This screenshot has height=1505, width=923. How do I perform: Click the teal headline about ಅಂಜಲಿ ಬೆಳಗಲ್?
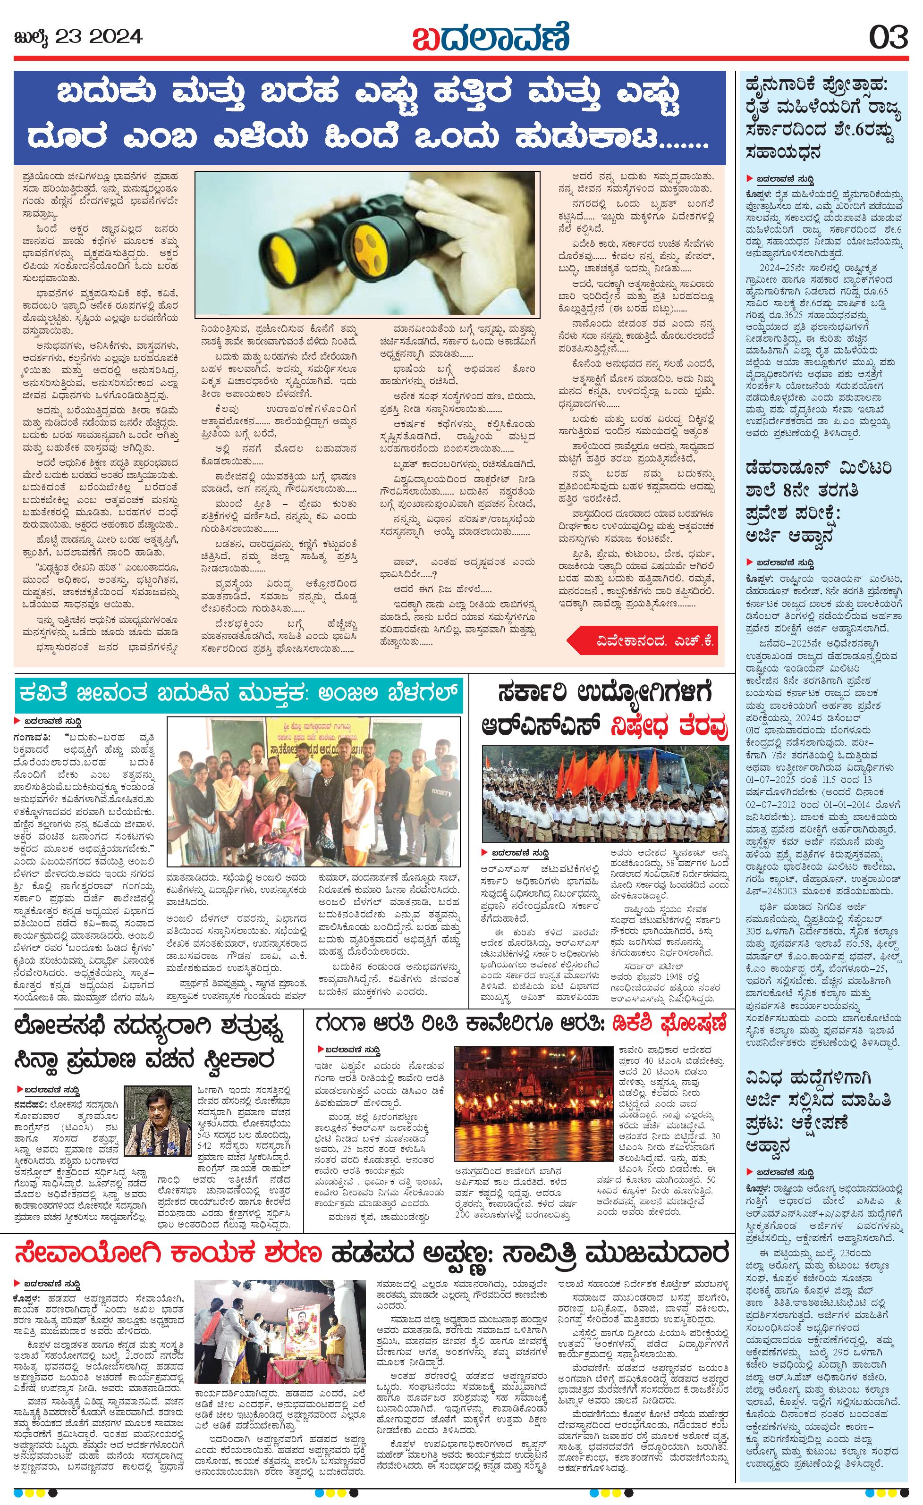click(x=238, y=695)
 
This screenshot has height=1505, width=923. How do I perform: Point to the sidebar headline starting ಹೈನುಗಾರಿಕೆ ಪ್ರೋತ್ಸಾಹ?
click(x=822, y=116)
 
